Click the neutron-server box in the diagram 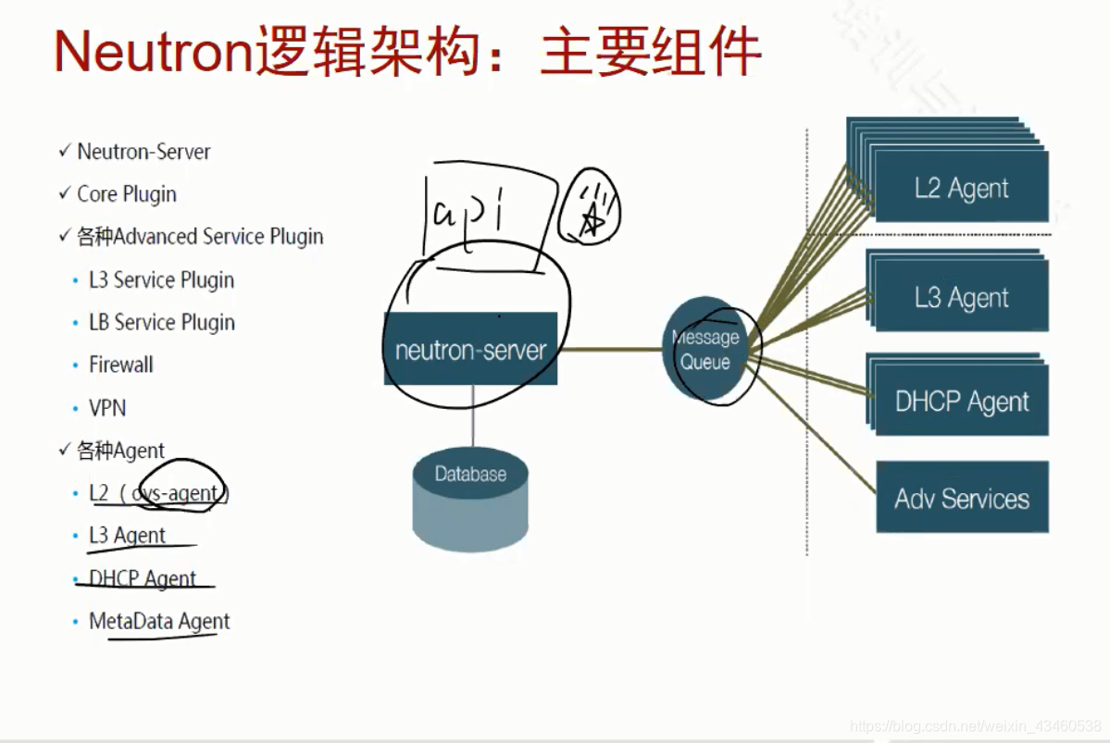470,350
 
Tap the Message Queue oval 705,350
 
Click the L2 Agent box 961,188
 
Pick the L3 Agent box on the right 961,298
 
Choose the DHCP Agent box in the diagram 961,402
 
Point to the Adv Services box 961,498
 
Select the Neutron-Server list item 143,152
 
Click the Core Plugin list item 126,194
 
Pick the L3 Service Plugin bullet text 161,279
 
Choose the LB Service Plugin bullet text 161,322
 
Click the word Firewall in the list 120,365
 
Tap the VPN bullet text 106,408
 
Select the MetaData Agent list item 158,621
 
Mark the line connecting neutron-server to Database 472,416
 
